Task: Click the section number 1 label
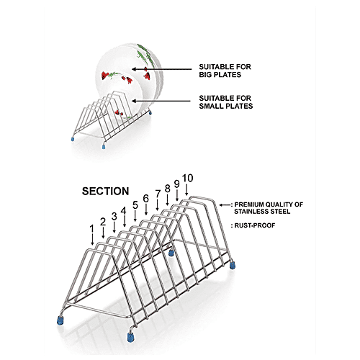tap(92, 228)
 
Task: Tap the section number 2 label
tap(103, 222)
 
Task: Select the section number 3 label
tap(114, 216)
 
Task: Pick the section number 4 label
tap(123, 211)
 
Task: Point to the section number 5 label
tap(135, 204)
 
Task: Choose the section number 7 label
tap(158, 193)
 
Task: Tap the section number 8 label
tap(167, 188)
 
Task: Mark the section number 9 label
tap(176, 183)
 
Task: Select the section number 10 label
tap(187, 178)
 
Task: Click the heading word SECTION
tap(105, 192)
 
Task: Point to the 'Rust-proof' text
tap(251, 226)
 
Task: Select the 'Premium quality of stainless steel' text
tap(268, 208)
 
